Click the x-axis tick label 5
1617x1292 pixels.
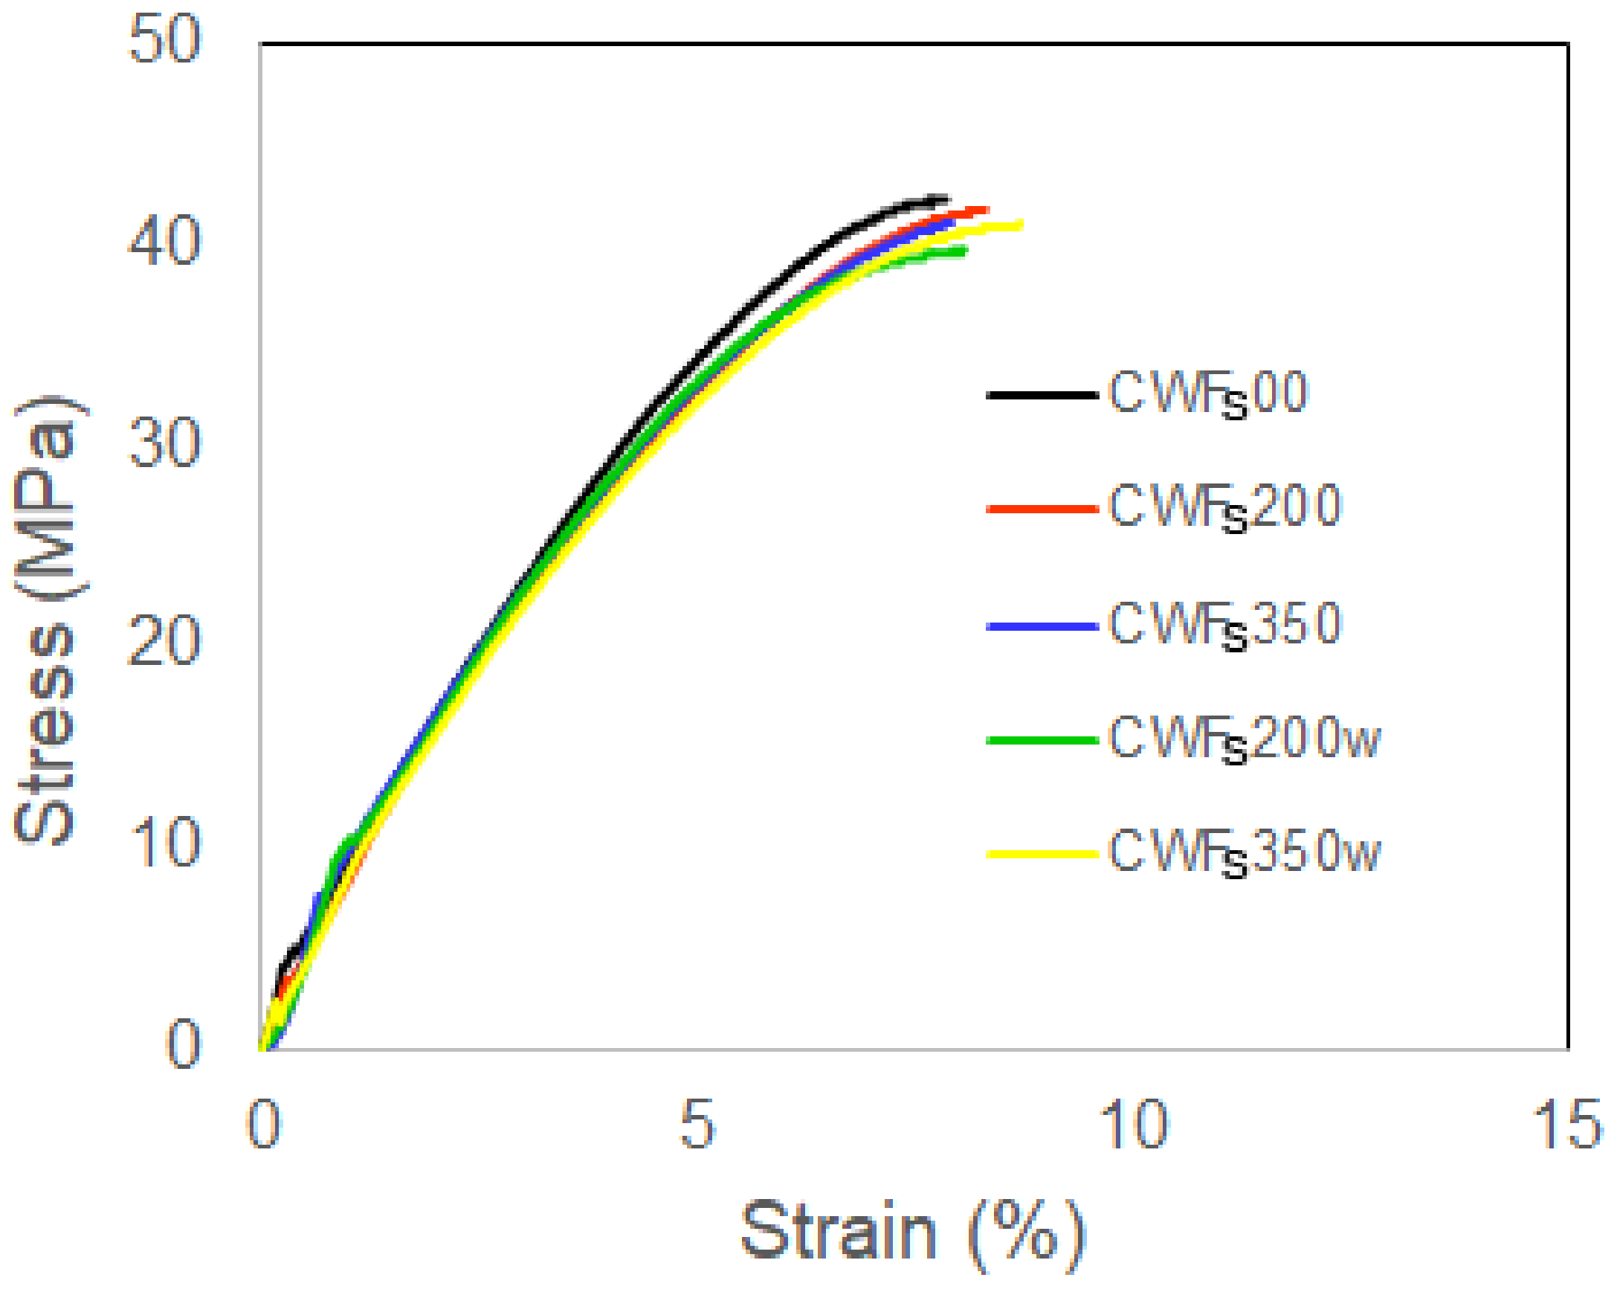(697, 1125)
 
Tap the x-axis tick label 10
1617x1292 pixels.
(1133, 1125)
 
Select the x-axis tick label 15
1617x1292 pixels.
(1567, 1125)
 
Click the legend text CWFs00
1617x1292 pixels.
(1207, 394)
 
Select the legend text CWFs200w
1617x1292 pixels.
(1244, 739)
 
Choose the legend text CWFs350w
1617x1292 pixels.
(1244, 853)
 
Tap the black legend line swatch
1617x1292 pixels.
(1042, 395)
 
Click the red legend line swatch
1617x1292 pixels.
(1042, 509)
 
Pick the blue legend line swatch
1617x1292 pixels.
(1042, 626)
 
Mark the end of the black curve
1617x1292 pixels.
(947, 199)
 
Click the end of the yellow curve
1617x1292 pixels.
(1021, 224)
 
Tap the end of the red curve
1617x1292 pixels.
(987, 209)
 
